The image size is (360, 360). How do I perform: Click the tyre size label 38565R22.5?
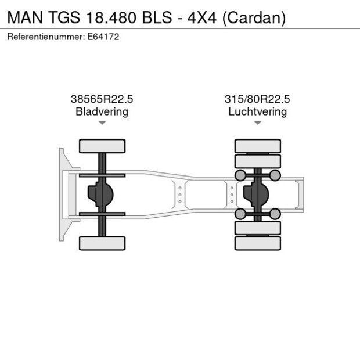(x=102, y=99)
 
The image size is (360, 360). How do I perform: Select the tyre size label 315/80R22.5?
(x=257, y=99)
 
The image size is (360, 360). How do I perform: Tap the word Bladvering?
(x=102, y=111)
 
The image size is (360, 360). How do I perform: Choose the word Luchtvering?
(x=257, y=111)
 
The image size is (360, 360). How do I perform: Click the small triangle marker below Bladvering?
(x=102, y=123)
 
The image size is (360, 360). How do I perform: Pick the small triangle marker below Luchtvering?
(x=257, y=123)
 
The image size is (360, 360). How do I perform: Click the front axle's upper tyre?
(x=102, y=146)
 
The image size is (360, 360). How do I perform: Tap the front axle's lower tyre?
(x=102, y=243)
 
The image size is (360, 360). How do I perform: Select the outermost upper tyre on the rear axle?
(x=257, y=146)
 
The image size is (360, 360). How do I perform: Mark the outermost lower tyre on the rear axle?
(x=257, y=243)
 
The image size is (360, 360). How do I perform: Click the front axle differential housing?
(x=99, y=195)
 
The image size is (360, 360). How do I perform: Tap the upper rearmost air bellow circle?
(x=275, y=175)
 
